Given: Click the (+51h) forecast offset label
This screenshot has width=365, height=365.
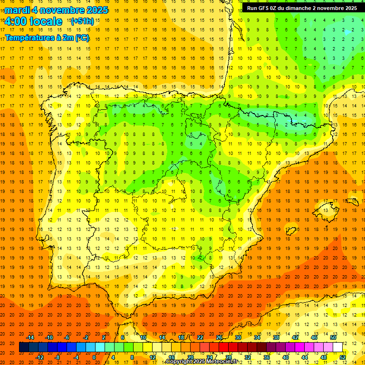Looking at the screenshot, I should coord(82,21).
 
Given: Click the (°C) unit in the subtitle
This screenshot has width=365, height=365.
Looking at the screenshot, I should coord(82,37).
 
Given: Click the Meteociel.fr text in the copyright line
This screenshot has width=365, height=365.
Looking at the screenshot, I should coord(221,362).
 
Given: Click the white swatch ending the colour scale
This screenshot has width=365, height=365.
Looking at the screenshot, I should coord(338,347).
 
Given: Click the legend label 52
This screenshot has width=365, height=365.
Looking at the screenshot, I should coord(343,357).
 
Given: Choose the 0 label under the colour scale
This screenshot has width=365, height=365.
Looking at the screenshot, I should coord(94,357).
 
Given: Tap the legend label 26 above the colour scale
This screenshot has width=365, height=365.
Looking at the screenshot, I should coord(219,337).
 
